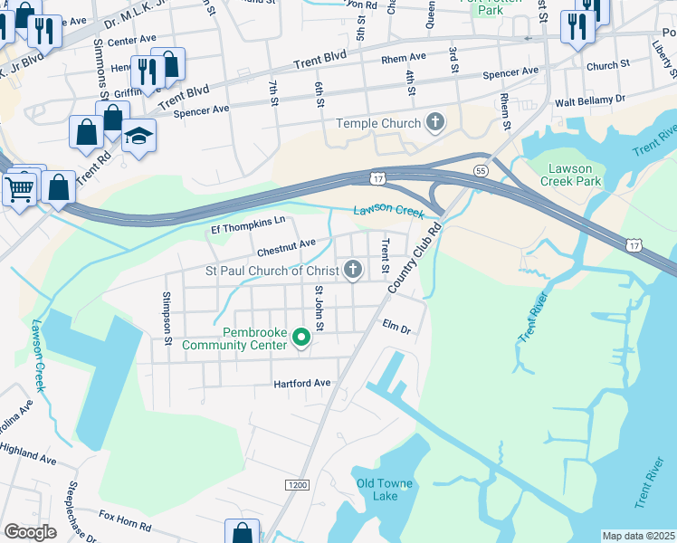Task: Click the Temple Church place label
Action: (x=378, y=123)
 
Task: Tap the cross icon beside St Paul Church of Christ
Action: (x=353, y=269)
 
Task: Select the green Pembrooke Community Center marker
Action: (x=301, y=338)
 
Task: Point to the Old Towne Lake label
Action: (x=385, y=490)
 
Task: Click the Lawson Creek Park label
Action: (x=570, y=175)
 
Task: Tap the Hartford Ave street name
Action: (x=303, y=384)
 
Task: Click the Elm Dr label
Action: (x=396, y=327)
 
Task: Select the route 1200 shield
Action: (x=296, y=485)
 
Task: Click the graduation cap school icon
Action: (x=138, y=136)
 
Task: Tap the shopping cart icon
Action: (x=19, y=188)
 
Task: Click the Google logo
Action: (x=30, y=532)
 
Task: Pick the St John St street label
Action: (x=319, y=308)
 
